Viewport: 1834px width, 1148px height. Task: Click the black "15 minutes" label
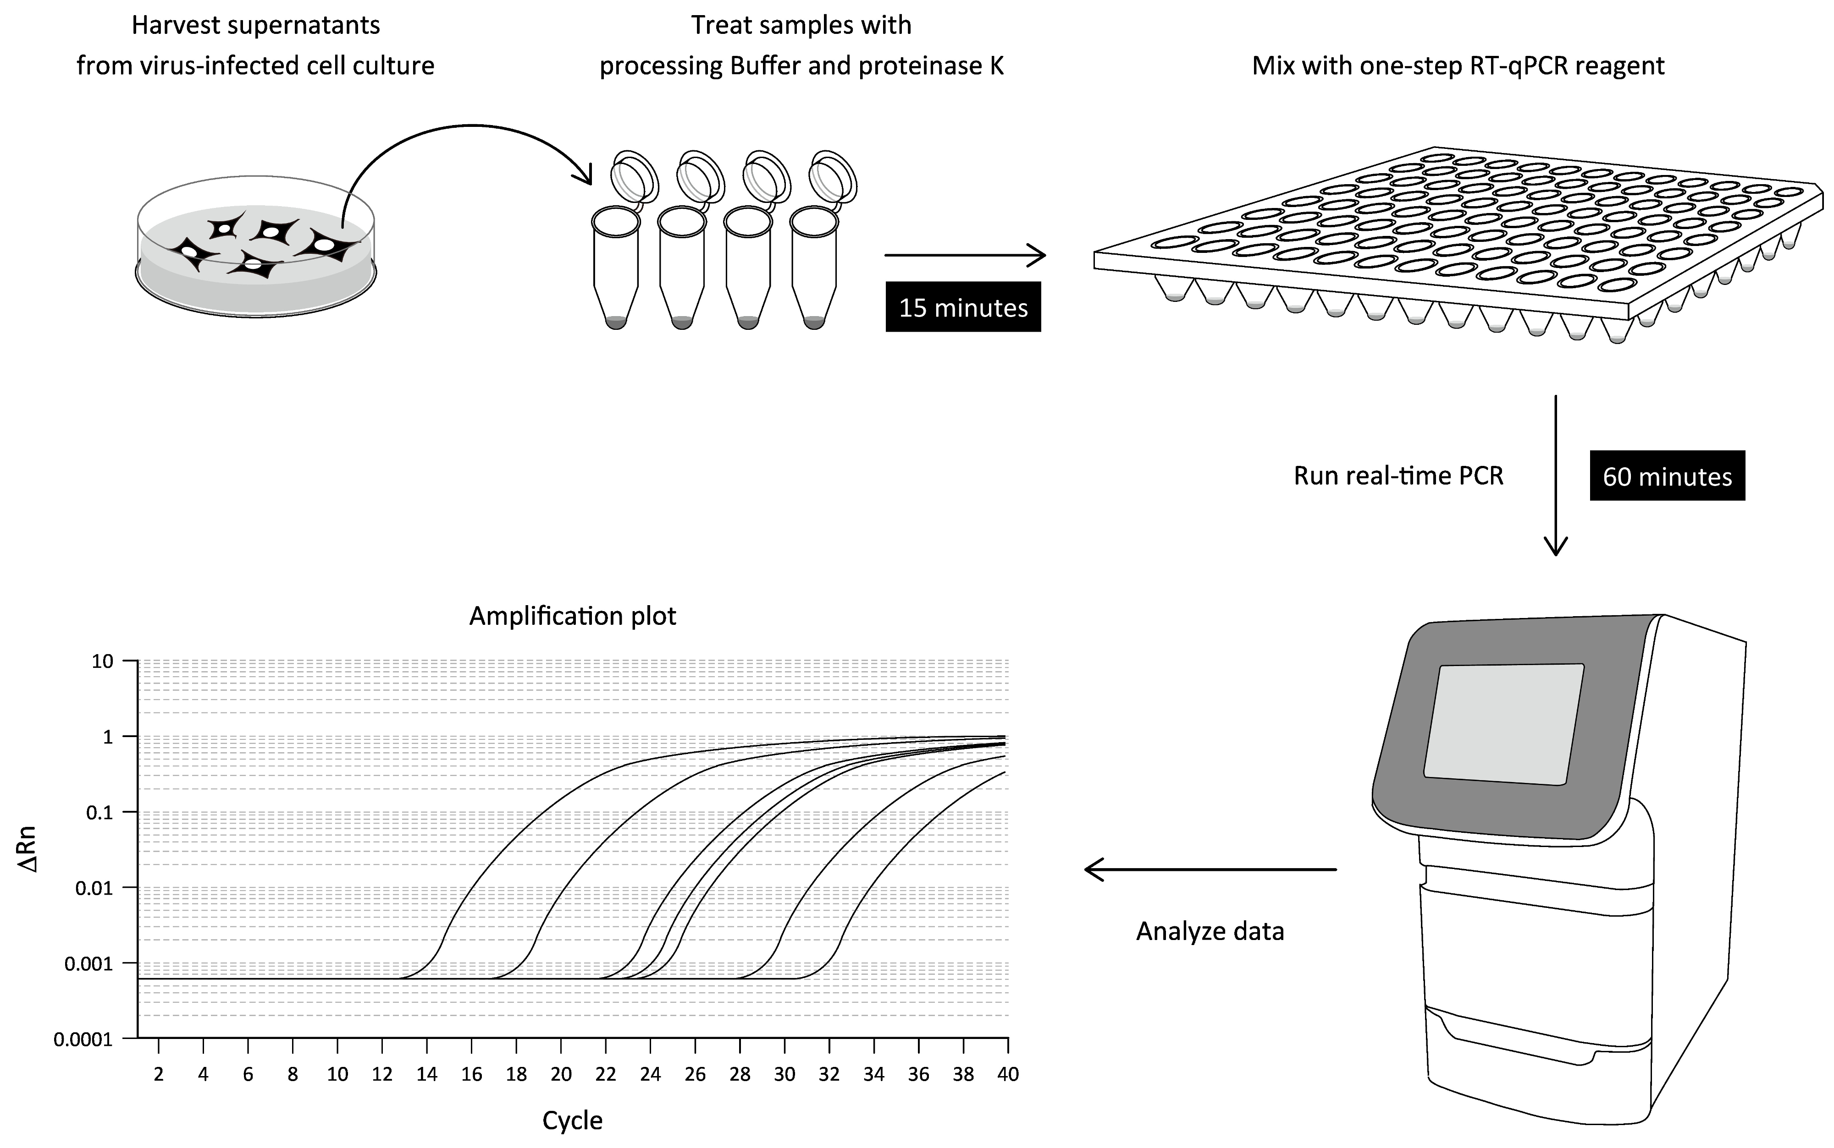click(962, 307)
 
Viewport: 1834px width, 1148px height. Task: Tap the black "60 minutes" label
click(1667, 476)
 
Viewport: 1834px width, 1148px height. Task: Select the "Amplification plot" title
click(572, 616)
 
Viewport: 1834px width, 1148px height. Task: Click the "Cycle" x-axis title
click(572, 1121)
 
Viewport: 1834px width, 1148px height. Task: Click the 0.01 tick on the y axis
click(95, 888)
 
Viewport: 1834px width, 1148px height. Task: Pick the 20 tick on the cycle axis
click(561, 1074)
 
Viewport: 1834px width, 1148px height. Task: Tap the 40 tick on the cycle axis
click(1007, 1074)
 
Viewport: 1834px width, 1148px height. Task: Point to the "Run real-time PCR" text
click(1398, 476)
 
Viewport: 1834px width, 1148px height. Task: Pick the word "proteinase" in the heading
click(918, 66)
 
